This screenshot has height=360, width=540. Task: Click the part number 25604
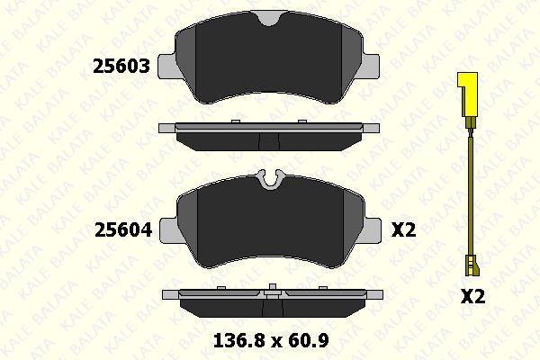124,230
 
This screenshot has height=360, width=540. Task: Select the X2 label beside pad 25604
404,230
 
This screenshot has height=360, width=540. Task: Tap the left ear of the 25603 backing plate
167,63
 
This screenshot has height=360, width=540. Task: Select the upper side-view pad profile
270,136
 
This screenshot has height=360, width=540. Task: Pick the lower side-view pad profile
270,301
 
